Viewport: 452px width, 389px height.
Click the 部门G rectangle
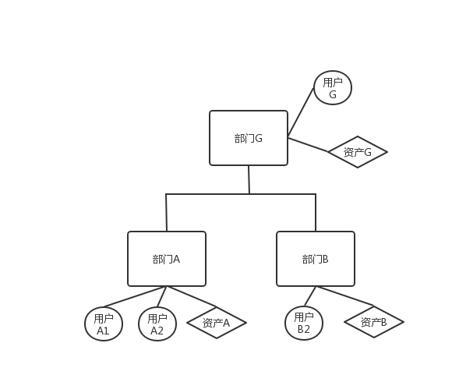click(249, 138)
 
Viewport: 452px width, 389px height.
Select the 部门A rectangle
click(167, 259)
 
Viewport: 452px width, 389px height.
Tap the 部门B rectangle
click(316, 259)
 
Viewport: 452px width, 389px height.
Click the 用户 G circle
click(333, 87)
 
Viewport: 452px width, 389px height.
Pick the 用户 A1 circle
click(104, 324)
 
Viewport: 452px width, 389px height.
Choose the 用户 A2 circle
click(157, 324)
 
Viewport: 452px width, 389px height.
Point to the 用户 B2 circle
click(304, 323)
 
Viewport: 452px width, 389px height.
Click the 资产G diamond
click(358, 152)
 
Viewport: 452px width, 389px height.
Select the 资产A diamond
click(217, 323)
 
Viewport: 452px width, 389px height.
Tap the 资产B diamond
click(373, 321)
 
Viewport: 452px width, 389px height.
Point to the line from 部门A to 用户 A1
click(132, 297)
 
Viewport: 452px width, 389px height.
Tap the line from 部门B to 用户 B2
click(309, 296)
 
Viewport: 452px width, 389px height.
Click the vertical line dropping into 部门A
click(167, 212)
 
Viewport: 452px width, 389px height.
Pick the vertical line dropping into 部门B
click(316, 212)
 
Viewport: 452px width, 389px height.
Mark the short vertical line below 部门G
click(249, 179)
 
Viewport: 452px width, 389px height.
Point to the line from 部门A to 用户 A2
click(162, 297)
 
